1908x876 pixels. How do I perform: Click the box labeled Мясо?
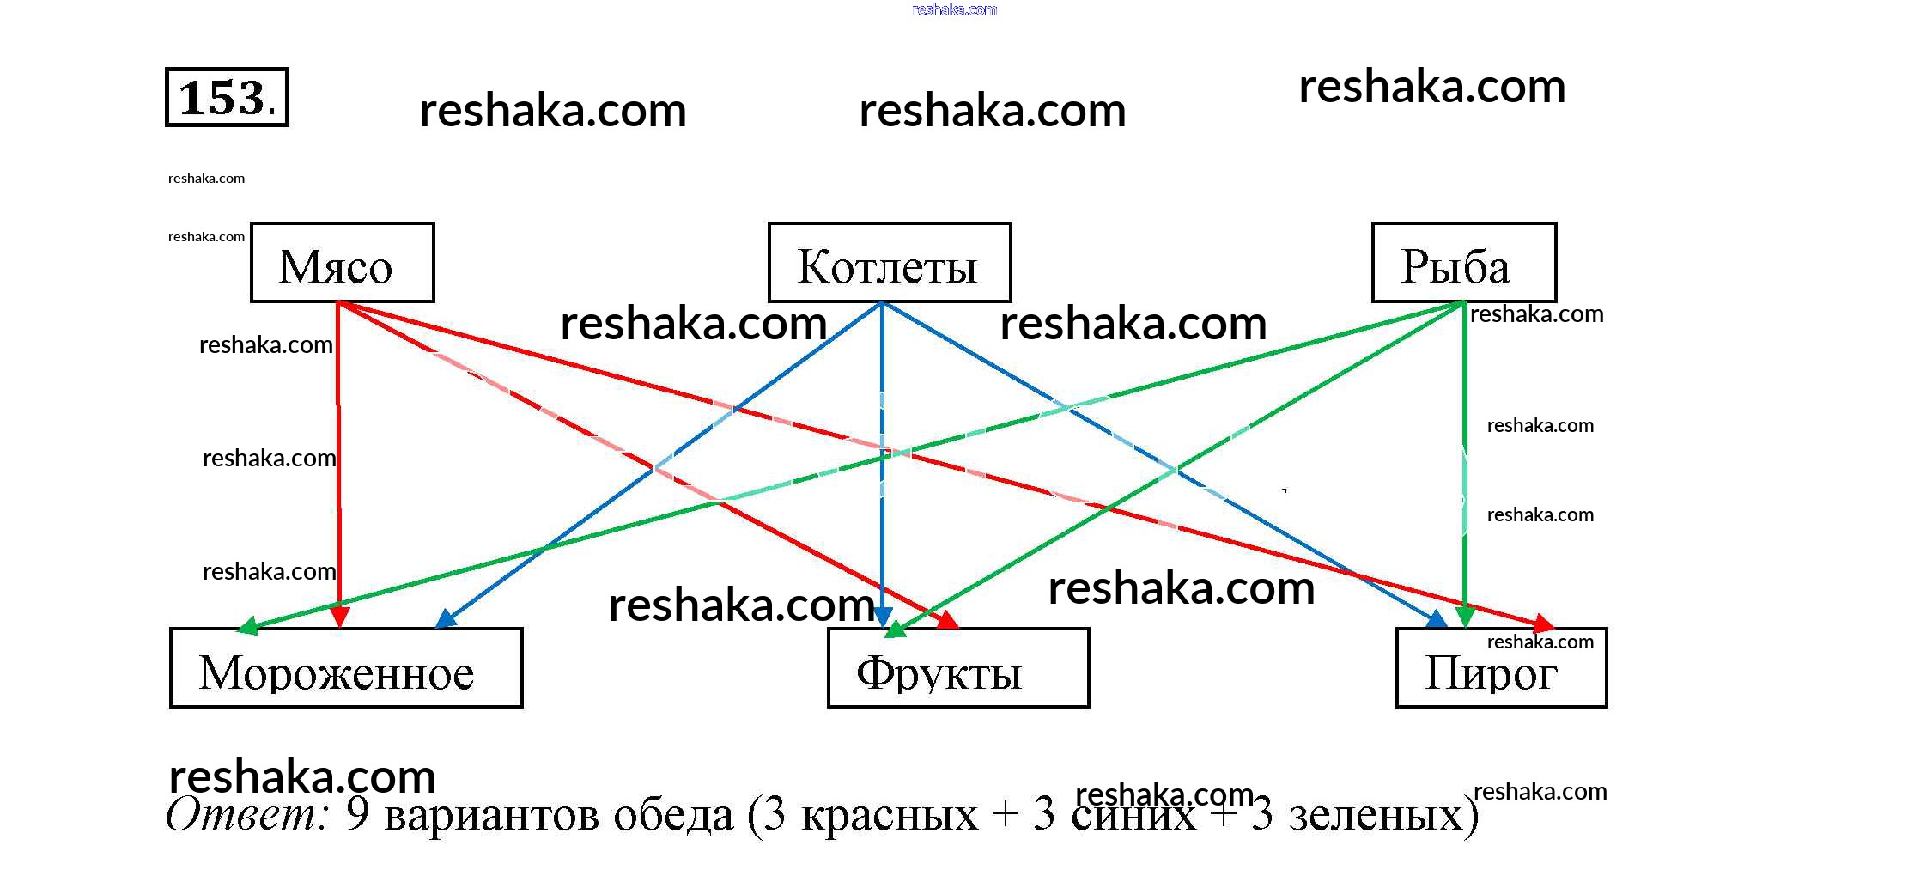click(342, 263)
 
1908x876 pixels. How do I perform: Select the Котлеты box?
click(889, 263)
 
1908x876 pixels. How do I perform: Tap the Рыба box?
click(1463, 263)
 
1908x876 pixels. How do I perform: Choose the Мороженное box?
click(346, 668)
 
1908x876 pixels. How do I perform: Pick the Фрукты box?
click(957, 668)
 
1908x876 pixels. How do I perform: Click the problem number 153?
click(227, 97)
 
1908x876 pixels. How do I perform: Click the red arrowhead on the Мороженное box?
click(340, 616)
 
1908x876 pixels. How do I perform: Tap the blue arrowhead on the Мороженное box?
click(446, 619)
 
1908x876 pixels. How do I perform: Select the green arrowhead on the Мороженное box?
click(247, 626)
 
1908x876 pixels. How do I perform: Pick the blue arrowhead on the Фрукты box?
click(882, 616)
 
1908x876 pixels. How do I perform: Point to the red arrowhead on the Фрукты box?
click(947, 620)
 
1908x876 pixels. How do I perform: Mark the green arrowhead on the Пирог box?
click(1465, 616)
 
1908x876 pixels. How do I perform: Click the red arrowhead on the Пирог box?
click(1543, 624)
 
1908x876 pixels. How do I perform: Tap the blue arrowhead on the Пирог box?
click(1436, 619)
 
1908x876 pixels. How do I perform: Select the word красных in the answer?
click(889, 815)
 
